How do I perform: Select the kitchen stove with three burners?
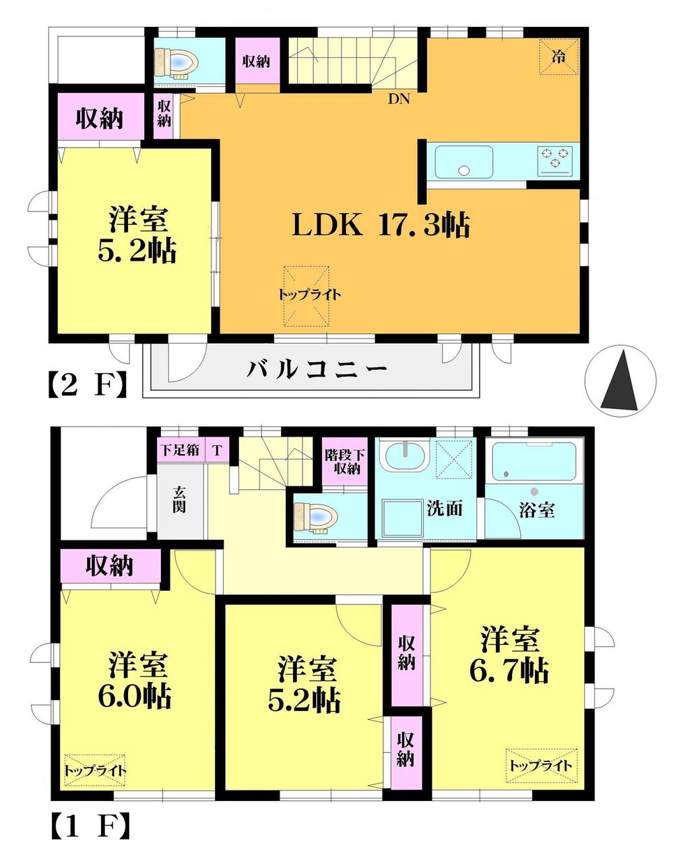554,160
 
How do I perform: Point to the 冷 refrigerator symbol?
558,57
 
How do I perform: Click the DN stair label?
399,99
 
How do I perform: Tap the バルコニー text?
317,369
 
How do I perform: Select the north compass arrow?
620,381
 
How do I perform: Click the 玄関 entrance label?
179,499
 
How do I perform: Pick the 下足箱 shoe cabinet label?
179,449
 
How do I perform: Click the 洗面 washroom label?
445,508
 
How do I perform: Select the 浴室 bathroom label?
537,509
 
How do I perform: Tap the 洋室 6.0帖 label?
139,681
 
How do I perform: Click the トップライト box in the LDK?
307,294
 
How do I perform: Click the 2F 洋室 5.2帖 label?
139,236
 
